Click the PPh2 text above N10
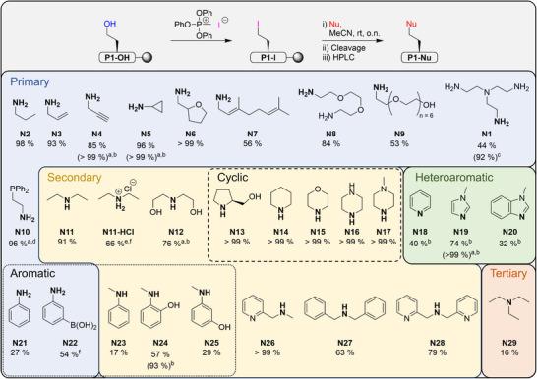[22, 179]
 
